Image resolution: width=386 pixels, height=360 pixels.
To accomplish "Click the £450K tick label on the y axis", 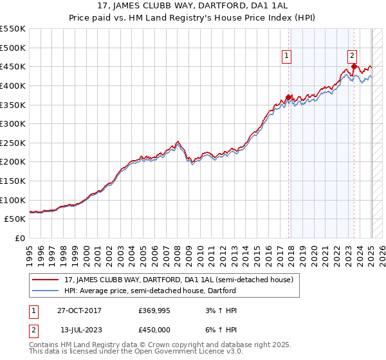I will point(13,66).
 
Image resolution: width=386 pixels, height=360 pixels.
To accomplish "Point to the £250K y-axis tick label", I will point(13,143).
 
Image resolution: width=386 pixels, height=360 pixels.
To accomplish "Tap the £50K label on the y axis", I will point(15,219).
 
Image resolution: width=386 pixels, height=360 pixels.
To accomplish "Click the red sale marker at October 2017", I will point(289,97).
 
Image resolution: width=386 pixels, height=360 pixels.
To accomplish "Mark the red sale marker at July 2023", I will point(354,66).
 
